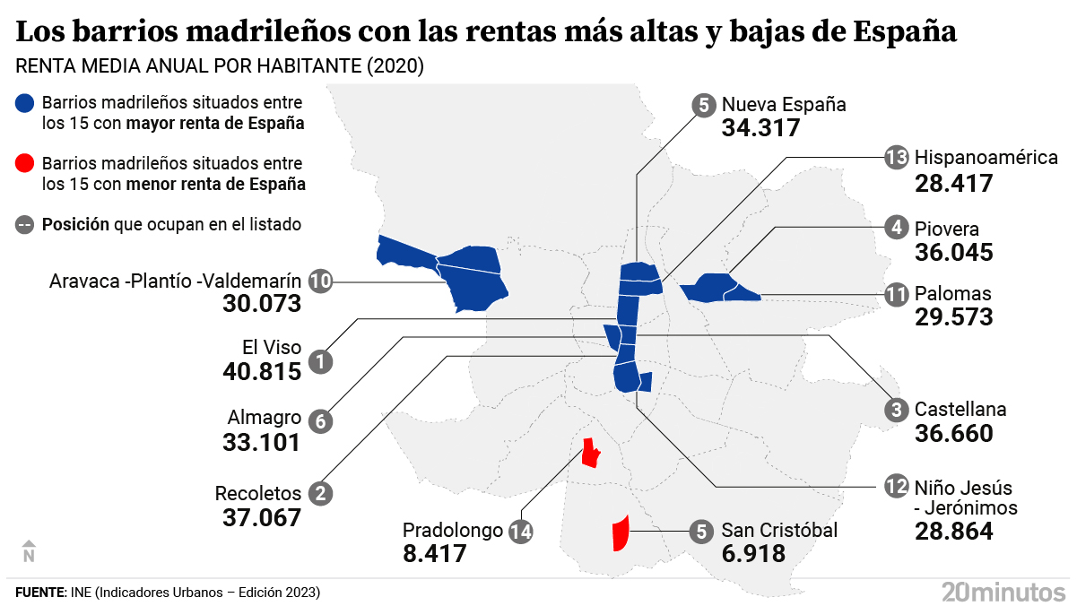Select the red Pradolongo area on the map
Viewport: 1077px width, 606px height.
tap(589, 454)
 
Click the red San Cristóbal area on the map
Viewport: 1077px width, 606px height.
tap(619, 534)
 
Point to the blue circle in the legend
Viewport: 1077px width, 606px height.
tap(25, 103)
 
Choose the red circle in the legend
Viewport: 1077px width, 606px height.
tap(25, 163)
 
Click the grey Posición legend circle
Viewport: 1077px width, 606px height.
tap(25, 224)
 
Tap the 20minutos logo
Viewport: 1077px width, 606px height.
tap(1003, 591)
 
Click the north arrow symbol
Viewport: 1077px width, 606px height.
tap(28, 550)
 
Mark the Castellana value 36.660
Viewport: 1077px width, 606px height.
tap(954, 434)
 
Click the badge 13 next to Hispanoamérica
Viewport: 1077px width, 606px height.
tap(896, 158)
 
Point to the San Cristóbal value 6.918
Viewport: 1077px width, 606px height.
tap(753, 553)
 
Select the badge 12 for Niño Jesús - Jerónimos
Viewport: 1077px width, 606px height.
tap(896, 487)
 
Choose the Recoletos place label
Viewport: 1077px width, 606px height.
tap(257, 493)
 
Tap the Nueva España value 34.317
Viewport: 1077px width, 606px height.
tap(760, 127)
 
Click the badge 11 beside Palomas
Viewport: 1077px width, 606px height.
tap(896, 294)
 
